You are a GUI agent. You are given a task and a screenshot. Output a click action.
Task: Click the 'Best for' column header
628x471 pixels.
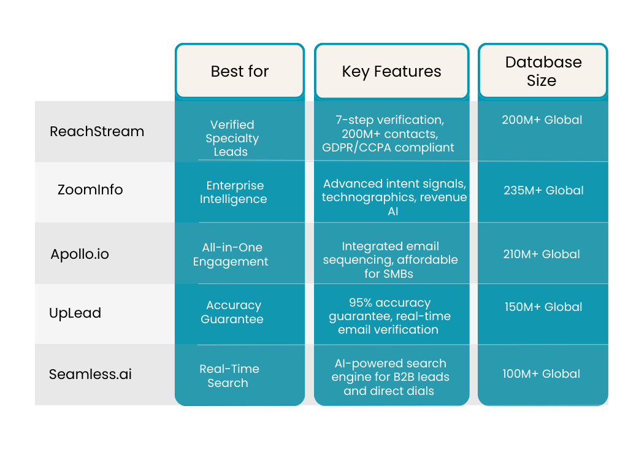(x=240, y=72)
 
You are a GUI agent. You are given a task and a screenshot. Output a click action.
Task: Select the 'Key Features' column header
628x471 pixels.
(x=391, y=72)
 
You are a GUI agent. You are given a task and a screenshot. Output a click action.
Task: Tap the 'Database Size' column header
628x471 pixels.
(x=542, y=71)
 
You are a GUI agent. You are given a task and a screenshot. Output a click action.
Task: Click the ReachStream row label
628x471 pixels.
(x=97, y=131)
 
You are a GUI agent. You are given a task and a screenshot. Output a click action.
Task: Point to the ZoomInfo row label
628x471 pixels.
(x=90, y=190)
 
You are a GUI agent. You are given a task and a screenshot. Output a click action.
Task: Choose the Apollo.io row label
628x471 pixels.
(x=80, y=254)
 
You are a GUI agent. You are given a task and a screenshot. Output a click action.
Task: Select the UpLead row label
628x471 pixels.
(x=75, y=313)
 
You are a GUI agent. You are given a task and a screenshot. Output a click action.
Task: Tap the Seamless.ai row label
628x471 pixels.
(x=90, y=374)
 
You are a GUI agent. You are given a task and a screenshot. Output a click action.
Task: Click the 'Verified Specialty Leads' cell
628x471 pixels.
(x=232, y=138)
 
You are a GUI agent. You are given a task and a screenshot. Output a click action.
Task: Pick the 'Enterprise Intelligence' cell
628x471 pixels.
(x=233, y=192)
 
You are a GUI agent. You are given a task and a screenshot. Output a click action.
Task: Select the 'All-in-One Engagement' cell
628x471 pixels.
(x=231, y=255)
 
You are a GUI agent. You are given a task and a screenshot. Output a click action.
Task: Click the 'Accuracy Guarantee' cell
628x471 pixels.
(x=232, y=312)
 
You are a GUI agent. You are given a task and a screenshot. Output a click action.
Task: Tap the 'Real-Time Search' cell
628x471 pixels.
(x=229, y=376)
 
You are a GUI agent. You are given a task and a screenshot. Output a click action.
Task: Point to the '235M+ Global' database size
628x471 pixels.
(x=543, y=191)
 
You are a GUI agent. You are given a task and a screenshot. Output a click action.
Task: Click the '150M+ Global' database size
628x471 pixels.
(x=543, y=307)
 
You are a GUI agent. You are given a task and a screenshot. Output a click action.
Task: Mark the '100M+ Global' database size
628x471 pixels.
(x=541, y=373)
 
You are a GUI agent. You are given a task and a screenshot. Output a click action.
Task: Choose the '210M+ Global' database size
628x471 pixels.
(x=541, y=254)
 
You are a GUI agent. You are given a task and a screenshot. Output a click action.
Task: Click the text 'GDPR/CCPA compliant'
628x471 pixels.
(x=388, y=148)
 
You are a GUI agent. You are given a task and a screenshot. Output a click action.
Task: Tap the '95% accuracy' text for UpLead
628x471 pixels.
(x=389, y=303)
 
